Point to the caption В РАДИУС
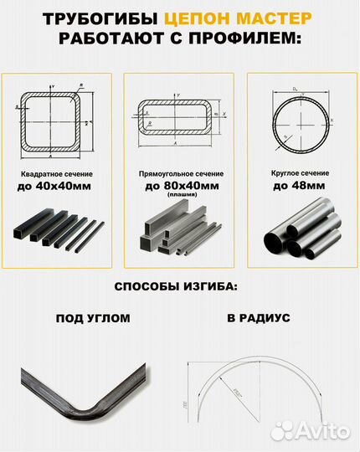pos(258,319)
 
